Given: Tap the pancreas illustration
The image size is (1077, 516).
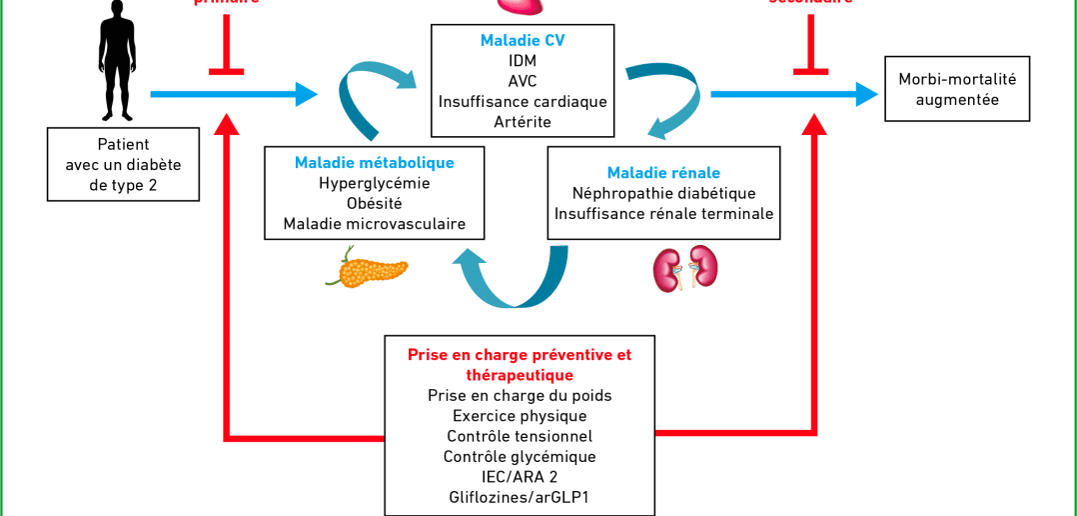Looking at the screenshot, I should [x=367, y=267].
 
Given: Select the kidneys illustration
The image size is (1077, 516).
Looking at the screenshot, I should [x=685, y=268].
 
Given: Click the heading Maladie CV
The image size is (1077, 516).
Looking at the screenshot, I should [x=523, y=41].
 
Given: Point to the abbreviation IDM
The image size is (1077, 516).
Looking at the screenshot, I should [x=523, y=61].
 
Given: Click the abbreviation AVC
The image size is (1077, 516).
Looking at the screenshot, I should [x=523, y=81].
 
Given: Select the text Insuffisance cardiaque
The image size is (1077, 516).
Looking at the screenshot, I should [x=523, y=102].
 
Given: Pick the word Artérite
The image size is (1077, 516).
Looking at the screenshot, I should [x=523, y=122].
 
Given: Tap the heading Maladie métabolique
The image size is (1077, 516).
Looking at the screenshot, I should [x=374, y=163].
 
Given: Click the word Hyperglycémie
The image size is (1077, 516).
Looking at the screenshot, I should [x=374, y=183].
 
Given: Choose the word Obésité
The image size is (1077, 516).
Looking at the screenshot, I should [x=374, y=204].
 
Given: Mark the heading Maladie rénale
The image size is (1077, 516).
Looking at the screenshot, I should [x=663, y=173].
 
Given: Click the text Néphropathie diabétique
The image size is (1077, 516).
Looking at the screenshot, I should [x=663, y=193].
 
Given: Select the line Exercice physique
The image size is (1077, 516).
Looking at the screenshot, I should [x=520, y=416].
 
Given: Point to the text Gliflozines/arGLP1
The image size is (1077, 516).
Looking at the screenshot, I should [x=520, y=497].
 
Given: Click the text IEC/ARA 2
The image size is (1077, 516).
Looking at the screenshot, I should [x=520, y=476].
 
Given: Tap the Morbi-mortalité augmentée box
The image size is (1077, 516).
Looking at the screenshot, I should [x=957, y=89].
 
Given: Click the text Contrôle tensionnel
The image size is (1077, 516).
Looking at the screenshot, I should [x=520, y=436].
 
